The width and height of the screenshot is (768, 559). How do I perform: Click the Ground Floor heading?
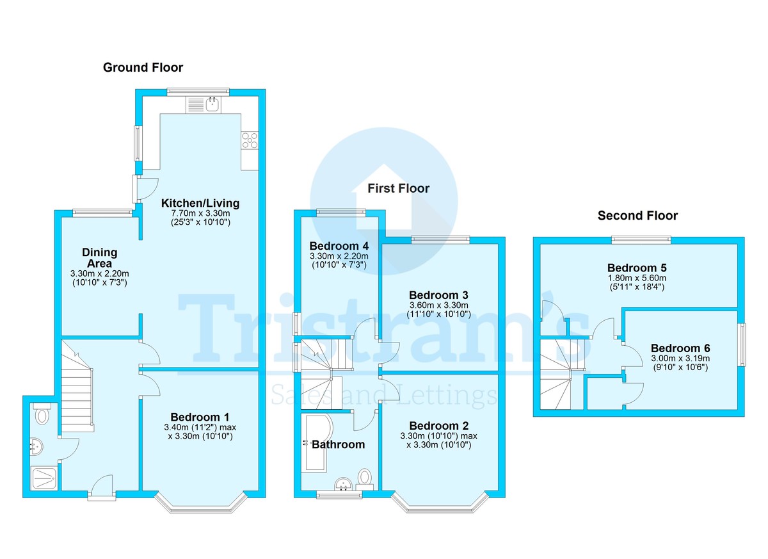[x=143, y=68]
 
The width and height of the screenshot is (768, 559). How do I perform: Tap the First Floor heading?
[x=398, y=188]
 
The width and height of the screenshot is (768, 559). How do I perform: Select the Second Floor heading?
[x=637, y=216]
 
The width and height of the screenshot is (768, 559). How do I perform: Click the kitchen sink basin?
[x=213, y=104]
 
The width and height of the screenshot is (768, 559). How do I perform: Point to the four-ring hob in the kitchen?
[x=250, y=140]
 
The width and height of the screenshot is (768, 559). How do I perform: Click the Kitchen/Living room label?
[x=200, y=203]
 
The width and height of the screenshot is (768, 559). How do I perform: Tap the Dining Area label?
[x=99, y=258]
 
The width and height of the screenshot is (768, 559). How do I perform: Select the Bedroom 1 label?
[x=200, y=417]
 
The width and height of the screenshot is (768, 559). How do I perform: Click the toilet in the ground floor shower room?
[x=42, y=414]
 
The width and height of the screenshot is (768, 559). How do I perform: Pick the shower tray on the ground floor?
[x=45, y=478]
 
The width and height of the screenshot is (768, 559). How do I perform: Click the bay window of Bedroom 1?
[x=200, y=504]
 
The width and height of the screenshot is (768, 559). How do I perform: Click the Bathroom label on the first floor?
[x=338, y=444]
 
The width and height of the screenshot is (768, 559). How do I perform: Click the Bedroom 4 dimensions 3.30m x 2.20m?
[x=339, y=256]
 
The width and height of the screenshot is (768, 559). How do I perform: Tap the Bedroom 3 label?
[x=438, y=295]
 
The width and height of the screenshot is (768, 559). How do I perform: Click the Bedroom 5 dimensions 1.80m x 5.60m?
[x=637, y=278]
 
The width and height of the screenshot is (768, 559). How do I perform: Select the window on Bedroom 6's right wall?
[x=742, y=344]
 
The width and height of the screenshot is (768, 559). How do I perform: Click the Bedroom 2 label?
[x=439, y=426]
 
